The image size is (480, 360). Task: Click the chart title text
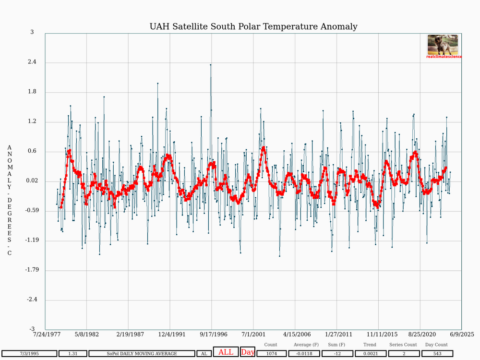pyautogui.click(x=253, y=26)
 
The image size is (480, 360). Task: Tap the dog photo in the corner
pyautogui.click(x=443, y=45)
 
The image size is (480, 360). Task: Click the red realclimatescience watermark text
pyautogui.click(x=444, y=57)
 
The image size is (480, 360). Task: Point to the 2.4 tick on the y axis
pyautogui.click(x=32, y=62)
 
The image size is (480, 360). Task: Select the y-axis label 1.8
pyautogui.click(x=32, y=92)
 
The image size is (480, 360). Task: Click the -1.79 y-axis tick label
pyautogui.click(x=32, y=270)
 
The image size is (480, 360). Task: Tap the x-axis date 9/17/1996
pyautogui.click(x=214, y=334)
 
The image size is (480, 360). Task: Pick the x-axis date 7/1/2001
pyautogui.click(x=253, y=334)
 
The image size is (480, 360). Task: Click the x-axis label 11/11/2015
pyautogui.click(x=382, y=334)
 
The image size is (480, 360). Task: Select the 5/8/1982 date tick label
pyautogui.click(x=87, y=334)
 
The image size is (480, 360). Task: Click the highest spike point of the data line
pyautogui.click(x=211, y=65)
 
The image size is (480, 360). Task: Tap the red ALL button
pyautogui.click(x=226, y=352)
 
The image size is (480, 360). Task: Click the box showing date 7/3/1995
pyautogui.click(x=29, y=354)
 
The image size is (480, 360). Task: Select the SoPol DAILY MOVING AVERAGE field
pyautogui.click(x=142, y=354)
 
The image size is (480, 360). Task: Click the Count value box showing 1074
pyautogui.click(x=272, y=354)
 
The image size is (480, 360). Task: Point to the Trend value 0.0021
pyautogui.click(x=371, y=354)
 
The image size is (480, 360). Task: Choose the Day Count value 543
pyautogui.click(x=437, y=354)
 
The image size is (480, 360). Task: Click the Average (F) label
pyautogui.click(x=306, y=345)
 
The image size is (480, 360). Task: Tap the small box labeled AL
pyautogui.click(x=204, y=354)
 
